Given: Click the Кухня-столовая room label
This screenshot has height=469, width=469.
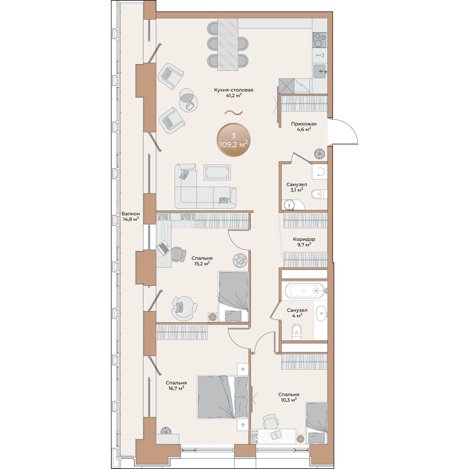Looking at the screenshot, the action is (233, 90).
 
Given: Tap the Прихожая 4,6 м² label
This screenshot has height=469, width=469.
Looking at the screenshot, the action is (304, 127).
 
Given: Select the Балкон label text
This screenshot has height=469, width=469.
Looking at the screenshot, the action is (131, 214).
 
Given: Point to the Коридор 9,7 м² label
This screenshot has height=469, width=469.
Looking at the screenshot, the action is (304, 242).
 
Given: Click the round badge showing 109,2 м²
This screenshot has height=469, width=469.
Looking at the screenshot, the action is (233, 140).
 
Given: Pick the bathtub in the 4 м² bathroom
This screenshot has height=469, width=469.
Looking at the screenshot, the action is (305, 290).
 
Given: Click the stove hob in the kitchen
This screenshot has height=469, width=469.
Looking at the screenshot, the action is (320, 40).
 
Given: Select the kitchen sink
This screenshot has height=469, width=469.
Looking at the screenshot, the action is (320, 71).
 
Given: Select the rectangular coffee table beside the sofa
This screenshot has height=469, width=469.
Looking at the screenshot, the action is (217, 172).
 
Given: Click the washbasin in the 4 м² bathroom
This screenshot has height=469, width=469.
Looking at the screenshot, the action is (322, 313).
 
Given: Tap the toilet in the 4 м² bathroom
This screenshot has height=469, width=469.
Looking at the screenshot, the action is (296, 332).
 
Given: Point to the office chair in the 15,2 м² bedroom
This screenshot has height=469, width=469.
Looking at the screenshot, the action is (178, 254).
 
